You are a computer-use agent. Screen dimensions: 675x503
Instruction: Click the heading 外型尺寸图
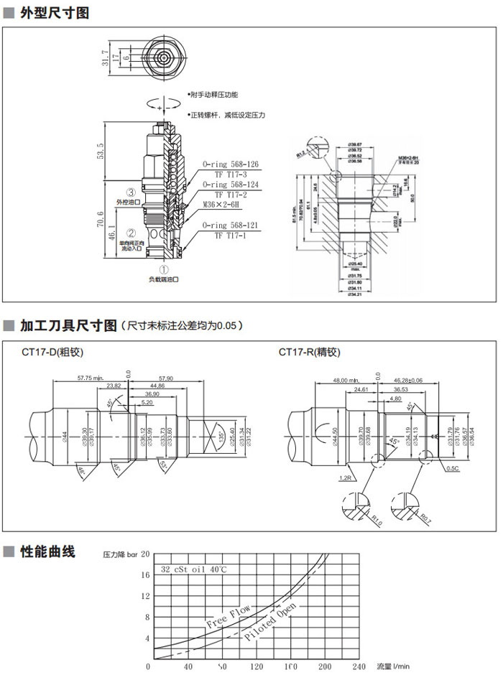(x=53, y=12)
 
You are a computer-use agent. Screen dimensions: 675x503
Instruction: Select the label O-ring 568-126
(x=231, y=164)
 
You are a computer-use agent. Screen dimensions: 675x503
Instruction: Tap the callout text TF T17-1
(x=231, y=235)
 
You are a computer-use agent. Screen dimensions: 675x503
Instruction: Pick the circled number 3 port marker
(x=131, y=192)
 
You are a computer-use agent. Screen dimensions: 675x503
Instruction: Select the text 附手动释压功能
(x=213, y=95)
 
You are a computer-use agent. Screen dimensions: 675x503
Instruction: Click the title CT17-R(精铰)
(x=309, y=352)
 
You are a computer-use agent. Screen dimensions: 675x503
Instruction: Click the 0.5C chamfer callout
(x=453, y=467)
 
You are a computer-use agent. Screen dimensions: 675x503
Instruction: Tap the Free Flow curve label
(x=228, y=616)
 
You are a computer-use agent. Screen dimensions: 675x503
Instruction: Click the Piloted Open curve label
(x=269, y=622)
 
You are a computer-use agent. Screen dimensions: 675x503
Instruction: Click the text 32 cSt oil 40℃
(x=194, y=569)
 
